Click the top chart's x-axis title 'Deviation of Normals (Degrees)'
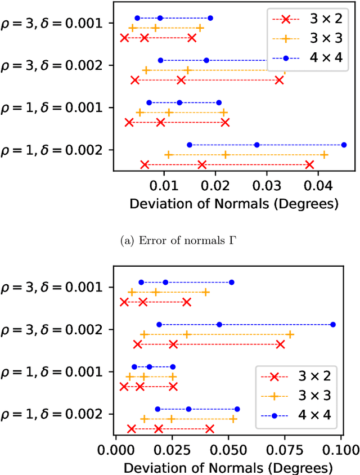[x=234, y=203]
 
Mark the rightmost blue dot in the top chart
[x=344, y=145]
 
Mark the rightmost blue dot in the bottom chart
[x=333, y=324]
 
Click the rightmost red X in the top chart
[x=309, y=164]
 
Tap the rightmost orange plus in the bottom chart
[x=290, y=335]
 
